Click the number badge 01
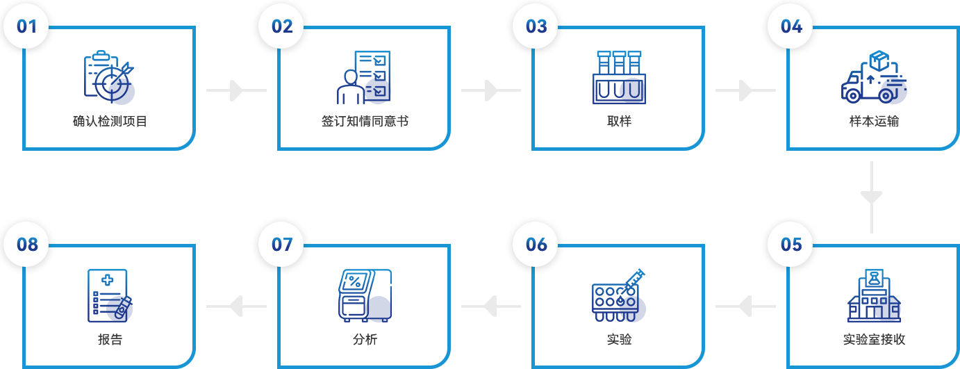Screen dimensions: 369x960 [26, 26]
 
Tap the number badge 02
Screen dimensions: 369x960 [281, 26]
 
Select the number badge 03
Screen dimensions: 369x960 [536, 26]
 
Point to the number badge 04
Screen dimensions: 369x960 [791, 26]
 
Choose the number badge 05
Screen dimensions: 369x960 [791, 245]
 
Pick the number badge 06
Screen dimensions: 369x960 [536, 245]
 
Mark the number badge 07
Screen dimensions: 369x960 [281, 245]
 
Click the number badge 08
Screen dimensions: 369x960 [26, 245]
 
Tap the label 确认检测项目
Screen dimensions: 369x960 [110, 122]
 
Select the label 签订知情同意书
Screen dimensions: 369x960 [365, 122]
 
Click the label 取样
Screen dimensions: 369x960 [619, 122]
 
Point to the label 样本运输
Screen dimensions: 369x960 [874, 122]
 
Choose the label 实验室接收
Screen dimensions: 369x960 [874, 340]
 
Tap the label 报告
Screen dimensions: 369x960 [110, 340]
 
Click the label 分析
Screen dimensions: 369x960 [365, 340]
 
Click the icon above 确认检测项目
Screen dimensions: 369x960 [109, 76]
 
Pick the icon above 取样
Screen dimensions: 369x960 [619, 76]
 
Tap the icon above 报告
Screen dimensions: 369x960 [110, 295]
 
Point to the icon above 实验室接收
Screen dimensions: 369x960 [874, 295]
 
